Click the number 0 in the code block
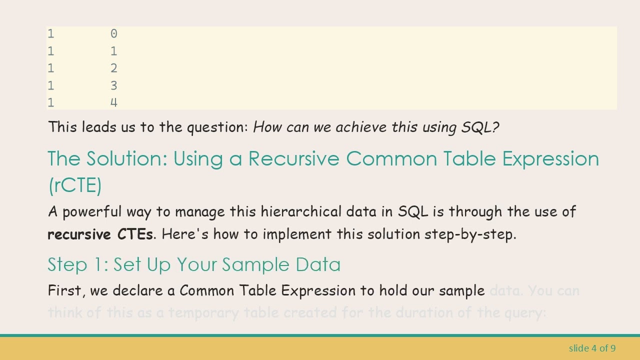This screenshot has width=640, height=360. (x=114, y=34)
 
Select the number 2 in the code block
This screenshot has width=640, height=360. (x=114, y=68)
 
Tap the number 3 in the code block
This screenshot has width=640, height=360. (x=114, y=85)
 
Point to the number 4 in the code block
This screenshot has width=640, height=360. (x=114, y=103)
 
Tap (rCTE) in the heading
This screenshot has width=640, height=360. (x=75, y=185)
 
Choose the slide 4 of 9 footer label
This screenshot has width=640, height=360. (x=592, y=348)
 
